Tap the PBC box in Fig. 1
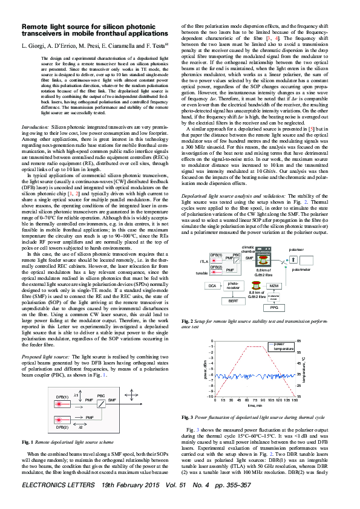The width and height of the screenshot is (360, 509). pyautogui.click(x=101, y=396)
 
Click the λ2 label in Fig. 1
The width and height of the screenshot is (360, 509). pyautogui.click(x=80, y=428)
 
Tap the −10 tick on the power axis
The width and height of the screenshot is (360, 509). pyautogui.click(x=211, y=397)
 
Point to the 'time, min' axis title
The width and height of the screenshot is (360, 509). pyautogui.click(x=255, y=405)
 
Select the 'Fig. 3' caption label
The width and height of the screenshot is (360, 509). pyautogui.click(x=187, y=417)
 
